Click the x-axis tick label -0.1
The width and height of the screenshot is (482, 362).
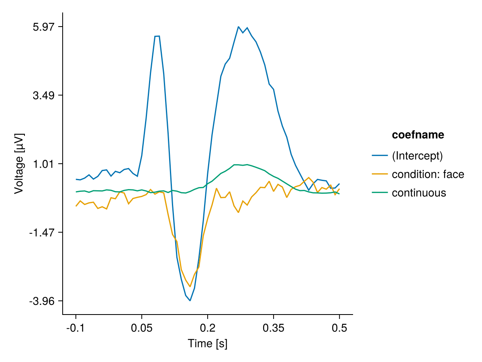(x=76, y=327)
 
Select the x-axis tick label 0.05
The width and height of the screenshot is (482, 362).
(x=142, y=327)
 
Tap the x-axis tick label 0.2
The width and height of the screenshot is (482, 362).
(x=208, y=327)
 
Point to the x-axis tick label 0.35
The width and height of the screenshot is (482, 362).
(x=274, y=327)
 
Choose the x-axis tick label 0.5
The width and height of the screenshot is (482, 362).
(x=339, y=327)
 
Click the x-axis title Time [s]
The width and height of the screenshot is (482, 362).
(x=208, y=344)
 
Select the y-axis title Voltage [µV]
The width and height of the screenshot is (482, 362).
(x=19, y=164)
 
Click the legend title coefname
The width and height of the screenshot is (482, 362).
(x=418, y=135)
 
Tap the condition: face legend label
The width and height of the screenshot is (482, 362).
(x=428, y=174)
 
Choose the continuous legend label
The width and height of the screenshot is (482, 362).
(x=419, y=193)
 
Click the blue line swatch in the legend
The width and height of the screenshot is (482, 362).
(x=380, y=156)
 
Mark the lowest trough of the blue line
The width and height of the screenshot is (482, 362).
(x=190, y=300)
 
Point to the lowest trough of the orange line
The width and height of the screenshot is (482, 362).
(x=190, y=286)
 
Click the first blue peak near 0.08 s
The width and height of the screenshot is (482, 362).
(x=157, y=36)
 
